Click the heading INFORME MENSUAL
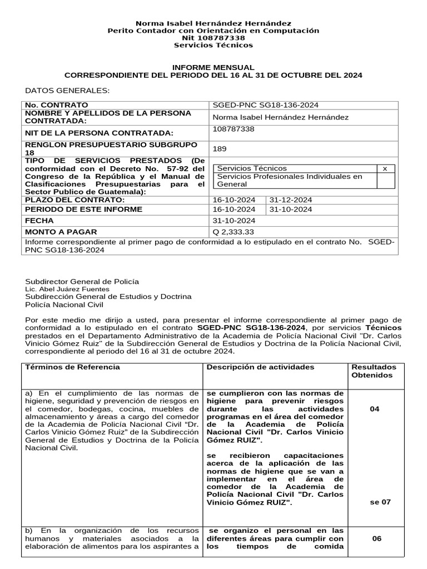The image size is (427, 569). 213,67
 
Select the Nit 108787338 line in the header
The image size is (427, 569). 213,38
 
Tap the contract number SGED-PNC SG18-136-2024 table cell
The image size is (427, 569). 266,105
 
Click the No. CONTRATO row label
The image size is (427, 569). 56,105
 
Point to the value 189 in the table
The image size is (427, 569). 220,149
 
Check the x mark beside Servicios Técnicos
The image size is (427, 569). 385,168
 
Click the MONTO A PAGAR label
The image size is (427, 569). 61,232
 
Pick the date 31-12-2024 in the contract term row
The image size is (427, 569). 291,200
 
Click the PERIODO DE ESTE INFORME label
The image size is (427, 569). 83,209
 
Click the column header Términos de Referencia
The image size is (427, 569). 72,367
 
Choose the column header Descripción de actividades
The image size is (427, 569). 260,367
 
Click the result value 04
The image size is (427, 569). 375,409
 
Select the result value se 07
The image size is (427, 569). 380,502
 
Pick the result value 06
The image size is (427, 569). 377,538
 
